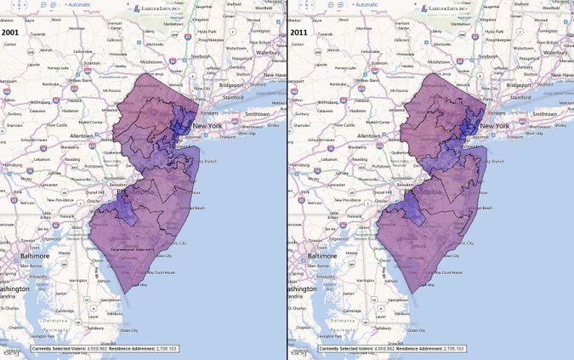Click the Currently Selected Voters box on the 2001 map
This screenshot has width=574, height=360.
(104, 349)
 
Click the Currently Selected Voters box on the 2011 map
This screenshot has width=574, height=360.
(391, 349)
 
